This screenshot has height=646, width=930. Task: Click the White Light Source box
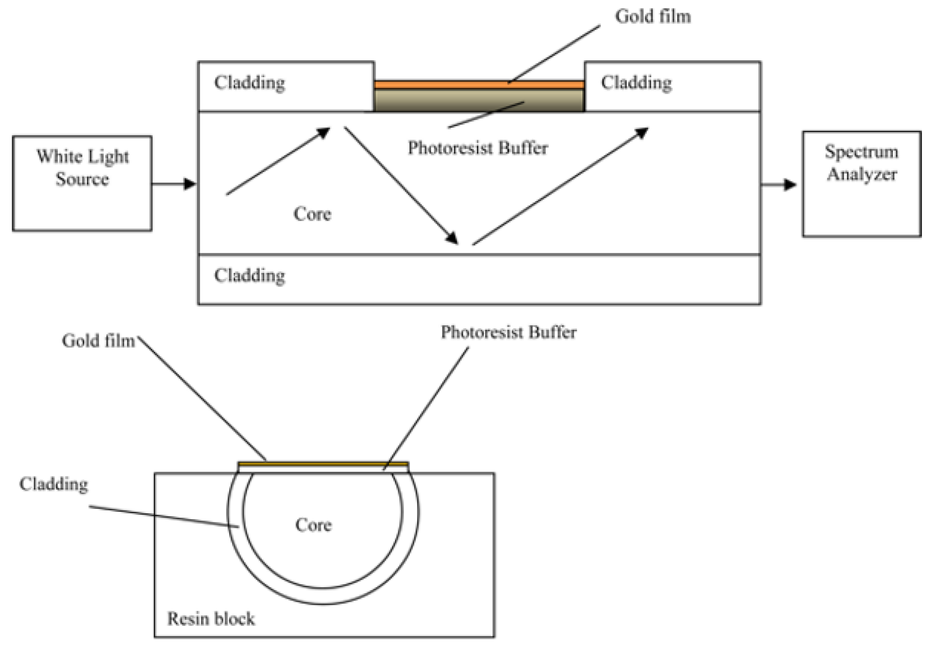82,183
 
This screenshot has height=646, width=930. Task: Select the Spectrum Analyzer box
861,183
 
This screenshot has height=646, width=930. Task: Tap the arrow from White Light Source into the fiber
174,184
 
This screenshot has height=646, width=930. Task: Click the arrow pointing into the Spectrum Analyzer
779,185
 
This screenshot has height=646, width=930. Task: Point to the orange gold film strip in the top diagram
478,85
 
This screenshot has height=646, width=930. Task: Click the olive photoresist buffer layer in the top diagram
478,100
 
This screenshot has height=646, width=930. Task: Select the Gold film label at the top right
652,17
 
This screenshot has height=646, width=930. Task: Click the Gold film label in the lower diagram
98,341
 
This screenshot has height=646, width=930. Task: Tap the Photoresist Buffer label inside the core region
477,148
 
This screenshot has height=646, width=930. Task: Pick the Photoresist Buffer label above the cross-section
508,332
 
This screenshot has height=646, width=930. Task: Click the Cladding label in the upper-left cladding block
249,82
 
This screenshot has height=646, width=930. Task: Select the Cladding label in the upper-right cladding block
636,82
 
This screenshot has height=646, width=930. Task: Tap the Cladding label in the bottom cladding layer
249,275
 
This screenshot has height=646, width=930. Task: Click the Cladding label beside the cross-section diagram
53,484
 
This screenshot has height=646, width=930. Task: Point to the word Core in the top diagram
312,214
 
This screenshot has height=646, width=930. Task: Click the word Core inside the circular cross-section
313,525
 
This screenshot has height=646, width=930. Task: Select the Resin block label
211,619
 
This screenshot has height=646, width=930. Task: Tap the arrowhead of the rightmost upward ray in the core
641,133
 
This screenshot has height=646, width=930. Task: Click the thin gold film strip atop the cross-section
323,464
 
